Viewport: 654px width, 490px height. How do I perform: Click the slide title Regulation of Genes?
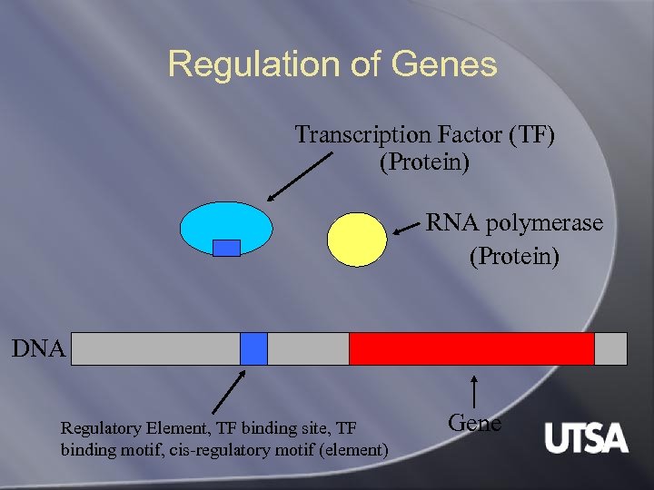(x=332, y=64)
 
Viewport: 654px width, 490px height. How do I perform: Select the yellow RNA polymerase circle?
(x=356, y=238)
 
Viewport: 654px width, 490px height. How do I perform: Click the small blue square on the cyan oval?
(x=226, y=248)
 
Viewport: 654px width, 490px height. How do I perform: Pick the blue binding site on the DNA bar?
(x=254, y=348)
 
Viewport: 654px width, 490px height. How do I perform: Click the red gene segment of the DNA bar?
(x=471, y=348)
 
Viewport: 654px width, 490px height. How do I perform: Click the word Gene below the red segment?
(x=475, y=422)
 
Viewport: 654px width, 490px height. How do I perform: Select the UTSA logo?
(x=586, y=438)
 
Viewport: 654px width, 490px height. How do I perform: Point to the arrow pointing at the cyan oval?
(x=300, y=177)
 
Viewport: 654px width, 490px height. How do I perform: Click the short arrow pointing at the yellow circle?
(x=407, y=230)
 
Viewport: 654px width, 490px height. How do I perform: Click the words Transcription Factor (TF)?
(x=424, y=135)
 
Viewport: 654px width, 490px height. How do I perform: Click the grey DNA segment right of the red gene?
(x=610, y=348)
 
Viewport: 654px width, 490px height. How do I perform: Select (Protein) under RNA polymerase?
(x=514, y=257)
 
